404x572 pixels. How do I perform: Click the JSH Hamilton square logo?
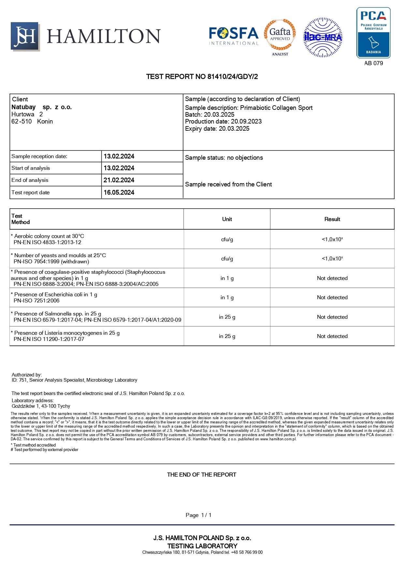pyautogui.click(x=25, y=36)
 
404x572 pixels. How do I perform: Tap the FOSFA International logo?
pyautogui.click(x=234, y=36)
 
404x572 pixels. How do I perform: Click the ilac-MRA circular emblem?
pyautogui.click(x=323, y=37)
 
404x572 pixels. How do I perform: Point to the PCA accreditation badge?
pyautogui.click(x=373, y=33)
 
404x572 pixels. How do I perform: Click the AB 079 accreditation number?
pyautogui.click(x=373, y=63)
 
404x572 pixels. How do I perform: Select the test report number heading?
pyautogui.click(x=202, y=77)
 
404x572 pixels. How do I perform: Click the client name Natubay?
pyautogui.click(x=23, y=107)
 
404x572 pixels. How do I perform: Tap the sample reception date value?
pyautogui.click(x=119, y=156)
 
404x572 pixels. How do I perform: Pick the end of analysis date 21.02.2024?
pyautogui.click(x=119, y=180)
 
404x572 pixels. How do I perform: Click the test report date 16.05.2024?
pyautogui.click(x=119, y=193)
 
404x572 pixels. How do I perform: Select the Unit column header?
pyautogui.click(x=227, y=219)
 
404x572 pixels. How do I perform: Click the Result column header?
pyautogui.click(x=332, y=219)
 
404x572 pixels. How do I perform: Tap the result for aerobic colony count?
pyautogui.click(x=332, y=239)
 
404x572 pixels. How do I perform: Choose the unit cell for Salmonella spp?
pyautogui.click(x=227, y=317)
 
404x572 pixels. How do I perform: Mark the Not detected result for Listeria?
pyautogui.click(x=332, y=336)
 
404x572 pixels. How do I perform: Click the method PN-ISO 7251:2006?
pyautogui.click(x=36, y=301)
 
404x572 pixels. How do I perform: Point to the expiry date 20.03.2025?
pyautogui.click(x=234, y=129)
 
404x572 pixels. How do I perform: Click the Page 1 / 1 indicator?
pyautogui.click(x=198, y=515)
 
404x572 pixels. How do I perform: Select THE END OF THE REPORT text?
pyautogui.click(x=201, y=475)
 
